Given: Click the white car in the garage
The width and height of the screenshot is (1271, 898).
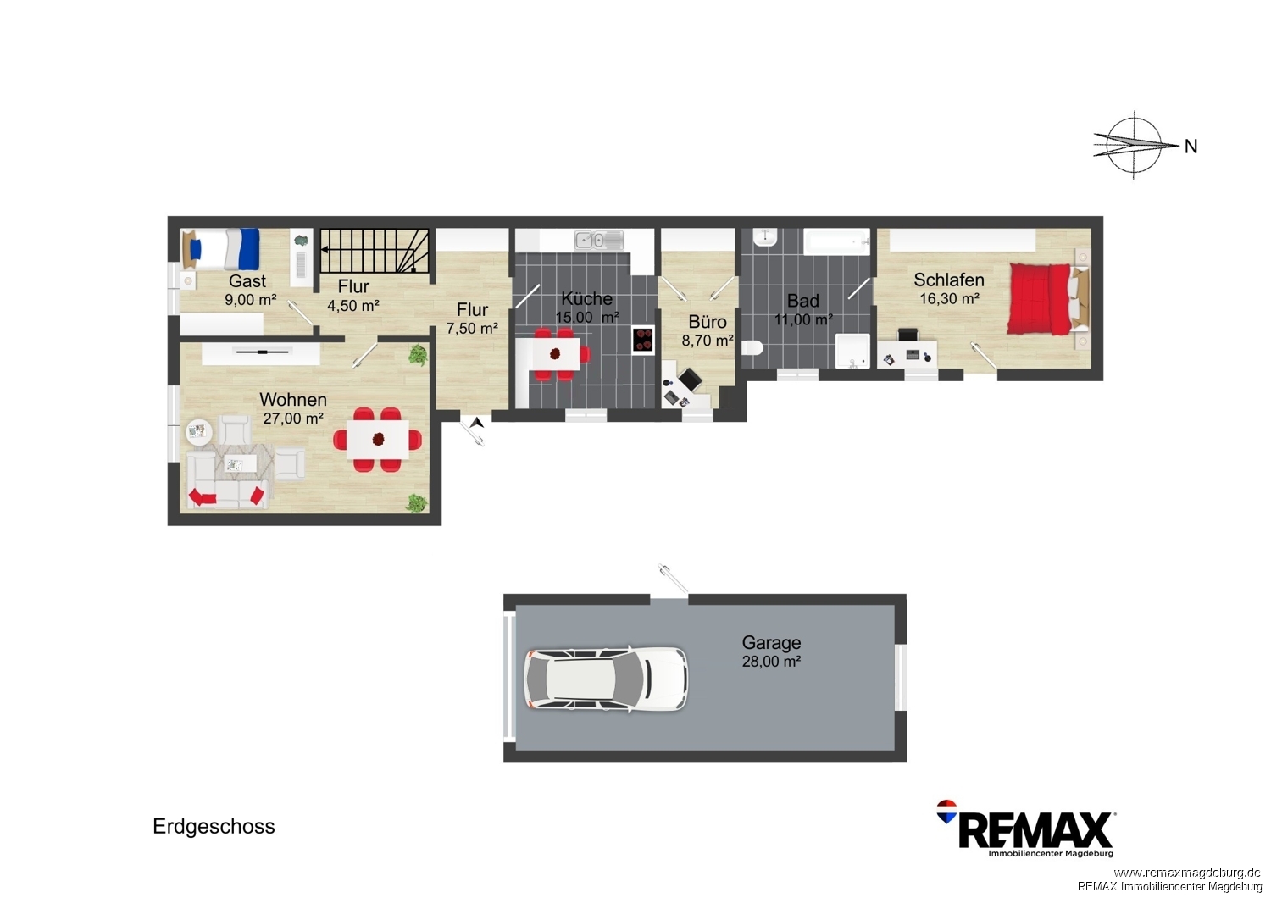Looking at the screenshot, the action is pos(606,679).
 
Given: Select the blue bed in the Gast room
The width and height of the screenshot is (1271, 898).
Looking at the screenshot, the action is pos(220,249).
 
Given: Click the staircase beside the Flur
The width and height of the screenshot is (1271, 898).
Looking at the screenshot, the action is pos(374,251).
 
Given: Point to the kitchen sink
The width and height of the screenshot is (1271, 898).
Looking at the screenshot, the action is pos(598,240).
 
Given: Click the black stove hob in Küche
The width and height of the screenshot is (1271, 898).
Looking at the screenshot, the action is pos(643,340).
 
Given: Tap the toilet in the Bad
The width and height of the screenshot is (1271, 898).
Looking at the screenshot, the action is pos(752,347).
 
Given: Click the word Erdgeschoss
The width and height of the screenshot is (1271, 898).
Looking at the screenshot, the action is pos(214,827).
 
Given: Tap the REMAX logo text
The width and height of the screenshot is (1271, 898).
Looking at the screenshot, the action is pos(1035,830).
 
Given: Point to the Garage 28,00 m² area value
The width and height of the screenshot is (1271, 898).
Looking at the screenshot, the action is pos(771,662).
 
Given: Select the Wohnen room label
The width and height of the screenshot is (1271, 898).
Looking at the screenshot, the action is pos(293,399).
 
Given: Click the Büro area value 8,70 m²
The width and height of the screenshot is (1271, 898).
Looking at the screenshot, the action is pos(707,341).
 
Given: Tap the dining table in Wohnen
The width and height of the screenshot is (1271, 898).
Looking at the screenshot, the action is pos(378,440).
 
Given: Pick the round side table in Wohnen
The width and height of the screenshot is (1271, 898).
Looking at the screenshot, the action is pos(198,432).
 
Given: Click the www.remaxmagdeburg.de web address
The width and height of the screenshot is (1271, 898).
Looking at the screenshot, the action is pos(1187,872).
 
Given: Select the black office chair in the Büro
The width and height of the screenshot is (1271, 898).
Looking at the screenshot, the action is pos(689,379).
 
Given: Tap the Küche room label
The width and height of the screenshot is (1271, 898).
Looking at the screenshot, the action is pos(586,298).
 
